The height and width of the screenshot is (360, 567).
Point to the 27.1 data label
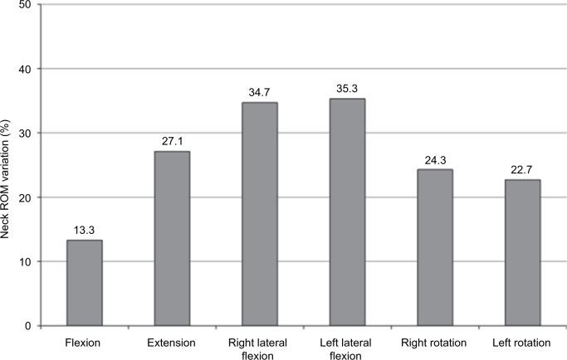pyautogui.click(x=172, y=142)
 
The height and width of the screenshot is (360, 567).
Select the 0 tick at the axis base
pyautogui.click(x=29, y=326)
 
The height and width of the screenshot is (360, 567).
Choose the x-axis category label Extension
pyautogui.click(x=172, y=341)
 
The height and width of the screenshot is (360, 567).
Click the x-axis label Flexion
pyautogui.click(x=85, y=341)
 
